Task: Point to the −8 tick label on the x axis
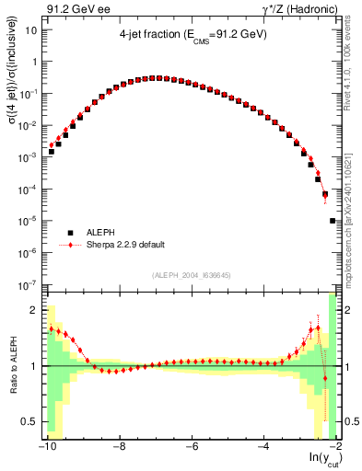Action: click(118, 448)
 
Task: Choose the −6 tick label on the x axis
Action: click(190, 448)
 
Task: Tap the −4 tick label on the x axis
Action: click(262, 448)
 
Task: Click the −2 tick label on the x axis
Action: click(333, 448)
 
